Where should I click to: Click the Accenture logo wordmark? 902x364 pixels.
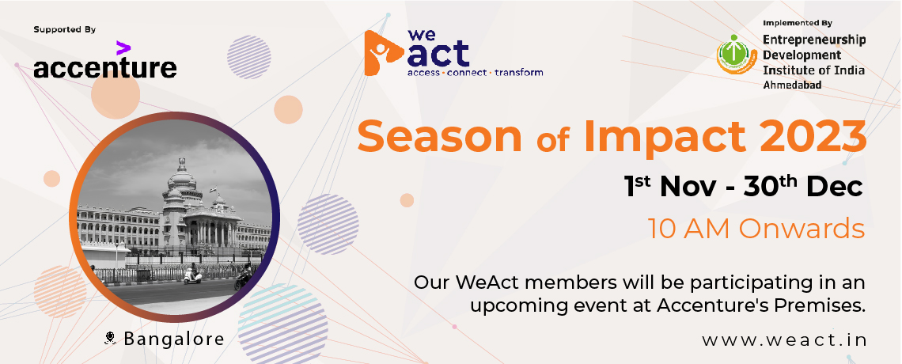[x=104, y=67]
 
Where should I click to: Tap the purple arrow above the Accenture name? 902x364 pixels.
[x=123, y=47]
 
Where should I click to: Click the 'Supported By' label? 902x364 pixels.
[x=64, y=29]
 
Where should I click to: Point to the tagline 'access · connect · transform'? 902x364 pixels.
[x=476, y=73]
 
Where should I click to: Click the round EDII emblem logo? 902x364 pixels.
[x=737, y=55]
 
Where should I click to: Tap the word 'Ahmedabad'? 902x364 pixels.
[x=792, y=85]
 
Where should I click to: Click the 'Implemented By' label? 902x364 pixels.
[x=798, y=23]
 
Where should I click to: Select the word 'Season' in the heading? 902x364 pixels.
[x=439, y=136]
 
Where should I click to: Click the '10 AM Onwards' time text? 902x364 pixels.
[x=756, y=228]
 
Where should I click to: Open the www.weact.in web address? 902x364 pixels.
[x=784, y=339]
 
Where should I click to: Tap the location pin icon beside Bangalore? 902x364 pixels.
[x=111, y=338]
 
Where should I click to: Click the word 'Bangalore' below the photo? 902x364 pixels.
[x=174, y=339]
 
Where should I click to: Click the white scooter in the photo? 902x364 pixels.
[x=193, y=276]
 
